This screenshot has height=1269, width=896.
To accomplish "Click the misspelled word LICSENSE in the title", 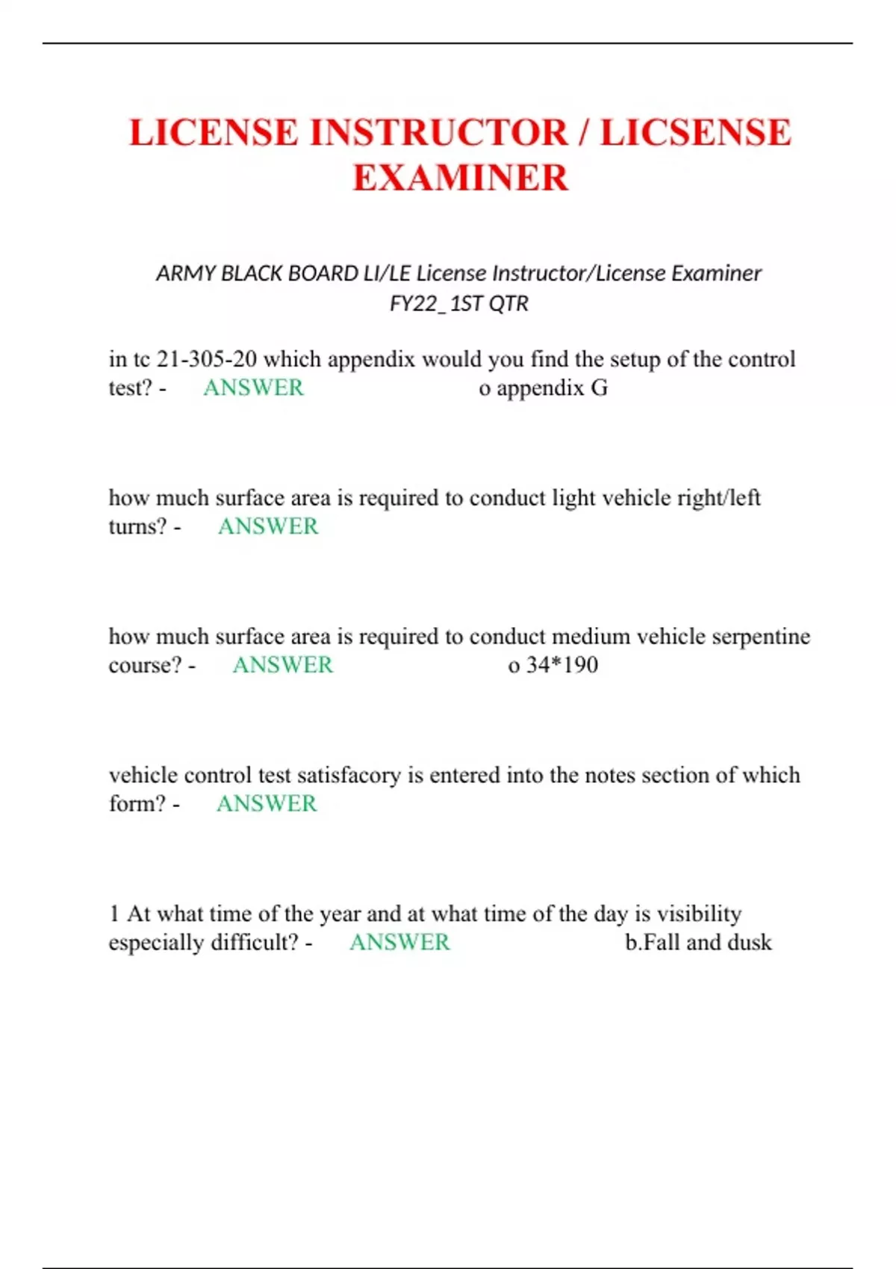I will pyautogui.click(x=695, y=133).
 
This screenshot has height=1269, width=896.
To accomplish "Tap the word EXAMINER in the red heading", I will pyautogui.click(x=460, y=178).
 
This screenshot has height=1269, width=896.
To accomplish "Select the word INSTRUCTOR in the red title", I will pyautogui.click(x=438, y=133).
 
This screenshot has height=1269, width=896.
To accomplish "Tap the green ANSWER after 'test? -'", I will pyautogui.click(x=253, y=388).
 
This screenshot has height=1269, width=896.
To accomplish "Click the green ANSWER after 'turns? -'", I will pyautogui.click(x=268, y=526).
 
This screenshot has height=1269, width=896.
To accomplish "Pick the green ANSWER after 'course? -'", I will pyautogui.click(x=282, y=665).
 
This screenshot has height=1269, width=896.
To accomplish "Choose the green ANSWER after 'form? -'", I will pyautogui.click(x=267, y=804).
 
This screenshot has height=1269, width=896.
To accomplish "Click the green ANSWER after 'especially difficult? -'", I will pyautogui.click(x=399, y=942).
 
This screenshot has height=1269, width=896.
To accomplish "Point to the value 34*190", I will pyautogui.click(x=561, y=665).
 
